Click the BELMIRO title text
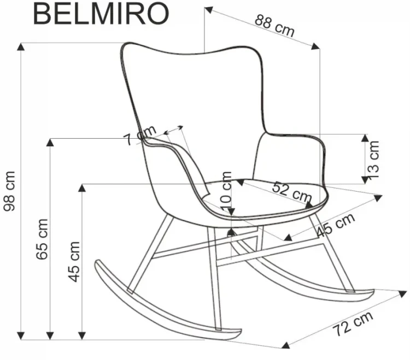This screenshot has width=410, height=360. pos(101,14)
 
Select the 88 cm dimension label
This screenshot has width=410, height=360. pos(274,25)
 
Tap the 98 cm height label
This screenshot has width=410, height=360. pos(9,191)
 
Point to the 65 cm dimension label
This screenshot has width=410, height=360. pos(42,239)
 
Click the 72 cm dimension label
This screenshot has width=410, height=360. pos(353,323)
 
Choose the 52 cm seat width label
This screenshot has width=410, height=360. pos(292,192)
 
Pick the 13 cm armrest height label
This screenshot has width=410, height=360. pos(373,160)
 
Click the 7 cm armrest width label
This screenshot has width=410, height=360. pos(140,135)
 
